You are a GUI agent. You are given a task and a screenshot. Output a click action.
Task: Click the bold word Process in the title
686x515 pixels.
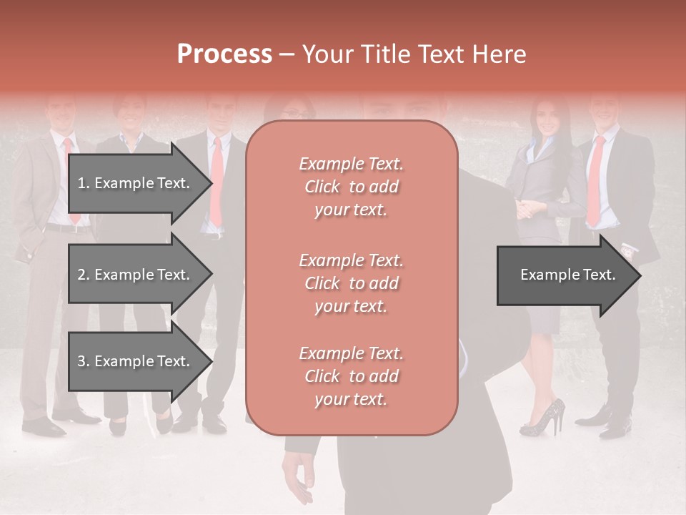click(x=224, y=54)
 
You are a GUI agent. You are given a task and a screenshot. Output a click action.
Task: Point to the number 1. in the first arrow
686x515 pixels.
click(x=84, y=183)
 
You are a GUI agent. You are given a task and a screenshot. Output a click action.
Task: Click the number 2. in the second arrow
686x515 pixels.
click(x=84, y=275)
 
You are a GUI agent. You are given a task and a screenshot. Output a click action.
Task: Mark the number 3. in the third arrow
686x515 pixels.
click(x=84, y=361)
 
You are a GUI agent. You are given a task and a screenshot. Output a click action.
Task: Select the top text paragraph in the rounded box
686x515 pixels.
click(x=351, y=187)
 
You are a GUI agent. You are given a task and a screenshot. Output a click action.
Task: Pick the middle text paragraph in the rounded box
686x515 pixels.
click(x=351, y=283)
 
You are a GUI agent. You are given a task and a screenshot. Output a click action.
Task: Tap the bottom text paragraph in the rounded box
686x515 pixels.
click(x=351, y=376)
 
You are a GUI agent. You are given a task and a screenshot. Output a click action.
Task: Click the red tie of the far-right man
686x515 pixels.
click(x=595, y=179)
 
